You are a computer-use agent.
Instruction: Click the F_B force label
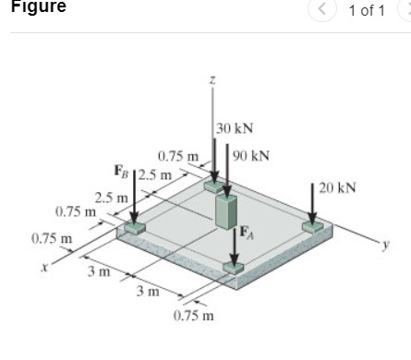point(121,170)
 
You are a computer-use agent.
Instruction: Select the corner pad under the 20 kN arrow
point(313,225)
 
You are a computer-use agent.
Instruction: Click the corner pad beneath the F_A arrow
point(235,269)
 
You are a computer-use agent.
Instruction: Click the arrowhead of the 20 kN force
point(313,217)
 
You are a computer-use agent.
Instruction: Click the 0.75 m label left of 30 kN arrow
point(178,156)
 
